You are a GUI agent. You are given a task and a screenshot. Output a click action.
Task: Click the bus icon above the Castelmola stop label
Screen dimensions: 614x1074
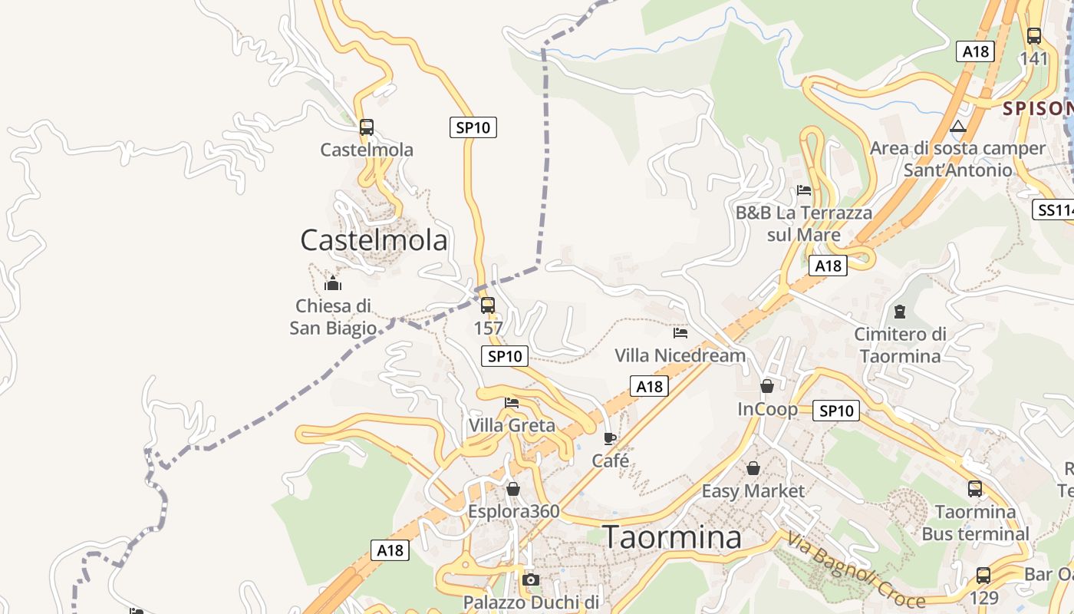pyautogui.click(x=367, y=127)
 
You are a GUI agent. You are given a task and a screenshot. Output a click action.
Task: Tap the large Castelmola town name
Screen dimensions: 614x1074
pyautogui.click(x=374, y=240)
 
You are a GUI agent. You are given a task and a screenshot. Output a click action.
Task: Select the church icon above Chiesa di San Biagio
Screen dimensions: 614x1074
pyautogui.click(x=333, y=283)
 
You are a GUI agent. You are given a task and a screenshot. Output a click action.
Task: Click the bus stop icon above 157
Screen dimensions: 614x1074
pyautogui.click(x=488, y=305)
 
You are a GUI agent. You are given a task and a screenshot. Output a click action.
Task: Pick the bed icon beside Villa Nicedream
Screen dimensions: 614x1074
pyautogui.click(x=680, y=333)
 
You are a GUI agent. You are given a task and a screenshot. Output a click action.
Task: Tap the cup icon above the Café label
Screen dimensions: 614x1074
pyautogui.click(x=610, y=438)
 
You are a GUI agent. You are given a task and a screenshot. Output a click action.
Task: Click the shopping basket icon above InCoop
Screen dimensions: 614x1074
pyautogui.click(x=767, y=386)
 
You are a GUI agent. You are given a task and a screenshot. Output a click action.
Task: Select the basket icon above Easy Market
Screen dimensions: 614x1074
pyautogui.click(x=753, y=467)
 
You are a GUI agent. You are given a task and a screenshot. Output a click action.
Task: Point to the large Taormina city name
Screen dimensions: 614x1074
pyautogui.click(x=672, y=537)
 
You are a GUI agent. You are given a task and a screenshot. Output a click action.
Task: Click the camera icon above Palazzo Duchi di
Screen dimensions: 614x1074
pyautogui.click(x=530, y=579)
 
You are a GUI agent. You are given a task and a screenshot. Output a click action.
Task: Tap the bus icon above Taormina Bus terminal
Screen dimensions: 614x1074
pyautogui.click(x=975, y=488)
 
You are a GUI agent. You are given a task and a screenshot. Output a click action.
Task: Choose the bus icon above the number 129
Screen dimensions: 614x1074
pyautogui.click(x=983, y=575)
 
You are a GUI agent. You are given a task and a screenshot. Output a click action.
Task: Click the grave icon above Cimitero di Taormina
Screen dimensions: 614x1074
pyautogui.click(x=899, y=312)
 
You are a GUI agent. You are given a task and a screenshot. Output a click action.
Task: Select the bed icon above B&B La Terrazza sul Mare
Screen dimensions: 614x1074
pyautogui.click(x=804, y=190)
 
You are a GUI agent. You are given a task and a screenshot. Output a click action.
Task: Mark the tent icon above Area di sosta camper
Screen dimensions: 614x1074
pyautogui.click(x=958, y=126)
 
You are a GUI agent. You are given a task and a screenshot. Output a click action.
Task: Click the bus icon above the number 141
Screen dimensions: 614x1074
pyautogui.click(x=1034, y=35)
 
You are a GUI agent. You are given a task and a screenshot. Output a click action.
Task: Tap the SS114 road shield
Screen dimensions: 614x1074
pyautogui.click(x=1055, y=210)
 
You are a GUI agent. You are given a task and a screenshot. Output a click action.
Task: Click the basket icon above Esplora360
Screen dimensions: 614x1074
pyautogui.click(x=513, y=489)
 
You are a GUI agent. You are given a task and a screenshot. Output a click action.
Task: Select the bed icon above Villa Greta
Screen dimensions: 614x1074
pyautogui.click(x=512, y=402)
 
